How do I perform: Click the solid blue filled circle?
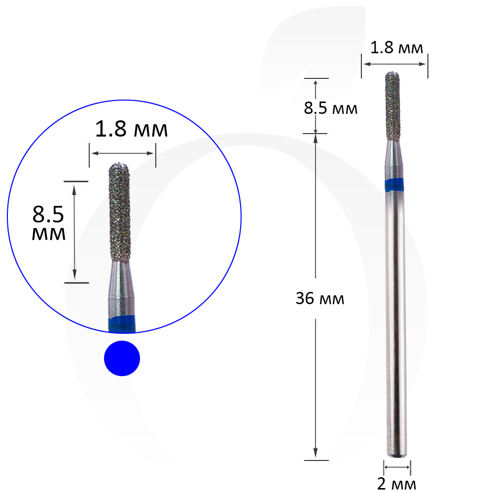click(122, 358)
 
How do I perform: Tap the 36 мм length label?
click(320, 298)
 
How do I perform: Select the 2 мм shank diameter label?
click(396, 484)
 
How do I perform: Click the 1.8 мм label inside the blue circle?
click(132, 129)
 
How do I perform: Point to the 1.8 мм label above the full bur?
click(396, 48)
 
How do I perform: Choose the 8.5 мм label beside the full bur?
click(330, 108)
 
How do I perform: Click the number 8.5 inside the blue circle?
click(48, 214)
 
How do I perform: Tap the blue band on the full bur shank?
click(394, 185)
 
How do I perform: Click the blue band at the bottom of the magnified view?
click(122, 325)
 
